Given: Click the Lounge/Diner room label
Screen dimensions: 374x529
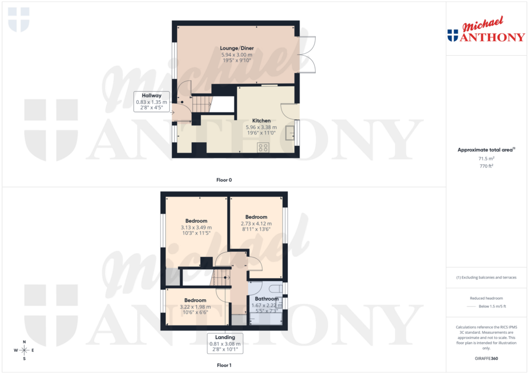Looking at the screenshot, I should coord(237,48).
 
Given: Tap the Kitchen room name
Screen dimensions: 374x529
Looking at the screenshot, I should coord(261,121).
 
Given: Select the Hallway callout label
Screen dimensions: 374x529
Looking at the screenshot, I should coord(149,95).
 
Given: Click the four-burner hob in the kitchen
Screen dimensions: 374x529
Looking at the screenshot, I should coord(262,148).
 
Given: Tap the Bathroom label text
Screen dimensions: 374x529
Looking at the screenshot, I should coord(267,299).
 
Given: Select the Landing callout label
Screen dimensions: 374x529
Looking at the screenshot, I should coord(225,337).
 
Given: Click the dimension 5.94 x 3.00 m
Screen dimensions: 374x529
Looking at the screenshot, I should coord(237,55).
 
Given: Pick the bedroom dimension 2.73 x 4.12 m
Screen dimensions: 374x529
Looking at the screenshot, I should coord(256,223).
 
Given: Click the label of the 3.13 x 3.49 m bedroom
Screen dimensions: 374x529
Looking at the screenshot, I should coord(196,221).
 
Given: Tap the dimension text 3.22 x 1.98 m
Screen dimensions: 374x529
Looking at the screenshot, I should coord(195,307).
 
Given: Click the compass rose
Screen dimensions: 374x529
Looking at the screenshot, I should coord(24,351).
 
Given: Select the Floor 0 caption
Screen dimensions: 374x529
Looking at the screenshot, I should coord(224,180).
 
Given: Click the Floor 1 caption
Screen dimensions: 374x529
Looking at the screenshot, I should coord(224,365).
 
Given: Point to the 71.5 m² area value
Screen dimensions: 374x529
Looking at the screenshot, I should coord(486,159).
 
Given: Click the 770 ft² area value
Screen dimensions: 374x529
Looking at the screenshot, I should coord(486,166).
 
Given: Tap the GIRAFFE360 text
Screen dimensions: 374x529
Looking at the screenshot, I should coord(487,359).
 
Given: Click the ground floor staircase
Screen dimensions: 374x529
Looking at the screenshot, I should coord(202,103).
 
